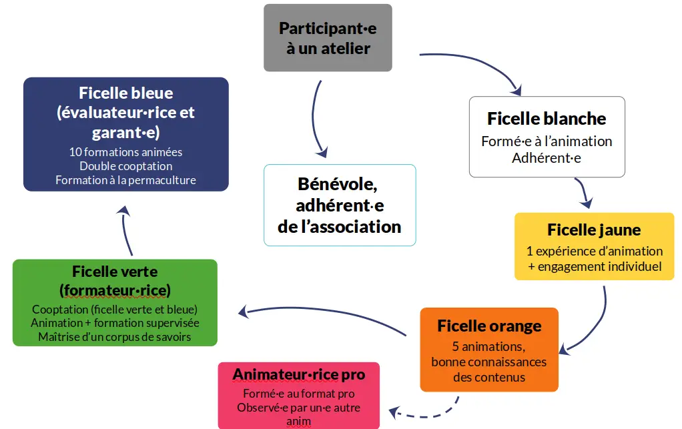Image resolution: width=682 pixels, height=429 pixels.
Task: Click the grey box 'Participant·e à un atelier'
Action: (328, 38)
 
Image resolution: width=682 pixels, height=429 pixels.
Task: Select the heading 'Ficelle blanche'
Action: (547, 119)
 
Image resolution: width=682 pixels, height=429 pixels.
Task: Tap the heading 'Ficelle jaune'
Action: (594, 230)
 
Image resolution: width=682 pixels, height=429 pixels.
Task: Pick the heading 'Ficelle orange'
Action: (489, 326)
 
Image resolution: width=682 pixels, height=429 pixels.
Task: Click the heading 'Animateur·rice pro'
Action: (298, 375)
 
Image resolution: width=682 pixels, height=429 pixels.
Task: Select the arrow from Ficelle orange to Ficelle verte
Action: (320, 311)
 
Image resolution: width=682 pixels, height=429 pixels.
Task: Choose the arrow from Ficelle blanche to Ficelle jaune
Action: (584, 193)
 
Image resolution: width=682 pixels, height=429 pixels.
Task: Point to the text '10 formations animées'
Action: (125, 152)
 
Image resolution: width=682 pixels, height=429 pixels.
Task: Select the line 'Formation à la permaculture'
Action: (125, 180)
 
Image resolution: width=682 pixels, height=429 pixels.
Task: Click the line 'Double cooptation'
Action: (125, 166)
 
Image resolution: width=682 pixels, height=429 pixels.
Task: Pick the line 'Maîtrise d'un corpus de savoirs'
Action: (115, 337)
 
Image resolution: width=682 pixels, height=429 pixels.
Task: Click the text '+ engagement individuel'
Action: (595, 266)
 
